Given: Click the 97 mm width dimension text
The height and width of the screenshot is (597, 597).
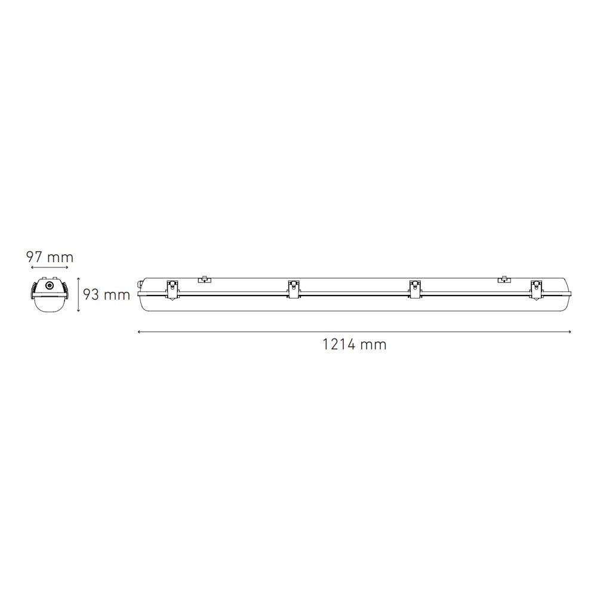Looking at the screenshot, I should click(50, 257).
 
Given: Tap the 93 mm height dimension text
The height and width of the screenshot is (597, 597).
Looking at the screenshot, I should click(106, 294).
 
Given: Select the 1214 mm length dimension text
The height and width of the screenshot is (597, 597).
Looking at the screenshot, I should click(354, 344).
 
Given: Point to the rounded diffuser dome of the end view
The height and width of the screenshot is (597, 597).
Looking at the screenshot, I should click(50, 303).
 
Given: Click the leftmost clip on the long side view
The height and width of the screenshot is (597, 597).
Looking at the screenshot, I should click(172, 290).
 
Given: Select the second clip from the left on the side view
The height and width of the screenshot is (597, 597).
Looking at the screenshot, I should click(294, 290).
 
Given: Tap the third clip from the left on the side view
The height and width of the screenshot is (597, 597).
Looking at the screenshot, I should click(415, 290).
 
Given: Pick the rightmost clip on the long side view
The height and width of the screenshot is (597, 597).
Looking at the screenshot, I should click(536, 290).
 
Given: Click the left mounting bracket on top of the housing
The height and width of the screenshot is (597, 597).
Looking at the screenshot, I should click(205, 278).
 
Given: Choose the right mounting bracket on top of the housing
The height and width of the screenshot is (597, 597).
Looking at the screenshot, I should click(504, 278).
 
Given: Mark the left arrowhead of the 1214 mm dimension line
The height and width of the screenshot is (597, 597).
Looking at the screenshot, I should click(139, 331).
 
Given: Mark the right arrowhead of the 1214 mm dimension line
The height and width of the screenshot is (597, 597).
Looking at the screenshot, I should click(570, 331).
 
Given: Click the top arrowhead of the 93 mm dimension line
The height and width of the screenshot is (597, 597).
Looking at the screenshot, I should click(78, 278).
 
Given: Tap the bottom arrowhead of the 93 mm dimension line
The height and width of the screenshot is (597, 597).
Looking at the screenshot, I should click(78, 310).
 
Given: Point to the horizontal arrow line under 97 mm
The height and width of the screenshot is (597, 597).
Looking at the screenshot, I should click(50, 269).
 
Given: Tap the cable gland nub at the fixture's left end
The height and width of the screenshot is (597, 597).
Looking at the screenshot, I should click(141, 283).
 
